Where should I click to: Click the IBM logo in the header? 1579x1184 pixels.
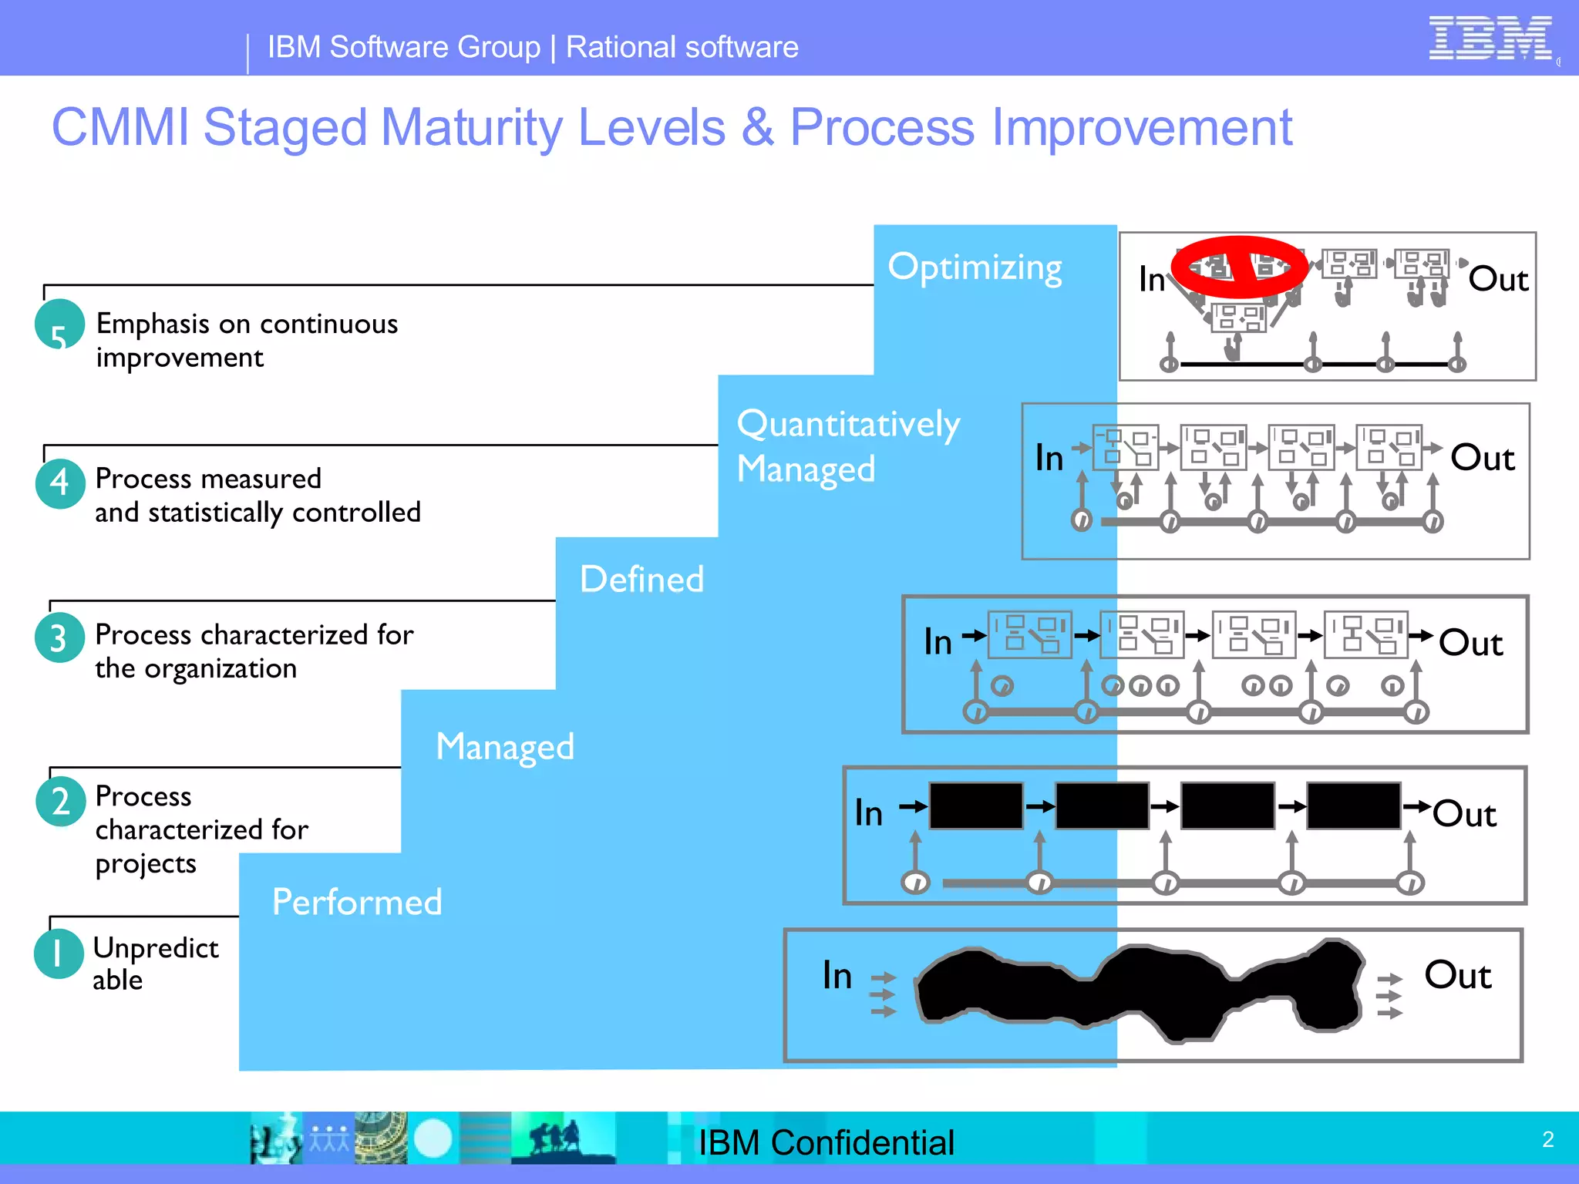1490,39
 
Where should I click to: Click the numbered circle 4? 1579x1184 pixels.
60,483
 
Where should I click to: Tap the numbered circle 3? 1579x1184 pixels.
59,638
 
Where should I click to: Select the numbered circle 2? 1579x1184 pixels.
60,802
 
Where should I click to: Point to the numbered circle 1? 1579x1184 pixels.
59,954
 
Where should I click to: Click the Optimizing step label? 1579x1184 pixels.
975,267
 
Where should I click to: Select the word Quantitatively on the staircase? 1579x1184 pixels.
848,424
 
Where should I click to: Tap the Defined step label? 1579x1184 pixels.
641,580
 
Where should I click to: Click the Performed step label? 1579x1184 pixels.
357,902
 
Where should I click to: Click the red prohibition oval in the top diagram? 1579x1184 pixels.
1239,267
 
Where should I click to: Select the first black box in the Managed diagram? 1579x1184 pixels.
976,806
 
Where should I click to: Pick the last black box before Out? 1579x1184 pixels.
1353,806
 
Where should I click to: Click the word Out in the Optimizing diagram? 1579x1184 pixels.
1497,279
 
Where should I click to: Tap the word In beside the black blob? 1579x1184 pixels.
837,975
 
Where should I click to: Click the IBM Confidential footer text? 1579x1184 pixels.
826,1142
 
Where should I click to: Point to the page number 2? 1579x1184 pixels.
1547,1139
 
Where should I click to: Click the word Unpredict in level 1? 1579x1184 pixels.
156,948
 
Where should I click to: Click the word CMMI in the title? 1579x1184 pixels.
120,127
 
